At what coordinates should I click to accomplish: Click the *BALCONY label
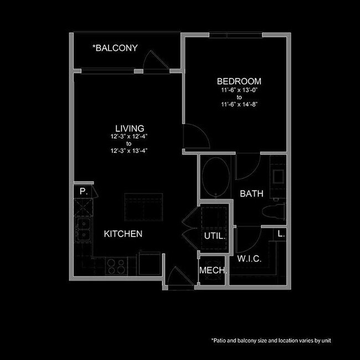(x=115, y=48)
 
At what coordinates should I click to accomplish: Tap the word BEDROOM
(x=239, y=81)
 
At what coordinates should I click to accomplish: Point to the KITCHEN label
(x=123, y=234)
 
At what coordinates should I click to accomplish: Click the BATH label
(x=251, y=194)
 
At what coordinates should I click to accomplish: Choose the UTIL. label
(x=214, y=235)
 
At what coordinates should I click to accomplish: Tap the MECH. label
(x=213, y=271)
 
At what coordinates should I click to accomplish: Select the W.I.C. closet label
(x=249, y=259)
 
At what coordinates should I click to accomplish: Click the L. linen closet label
(x=281, y=234)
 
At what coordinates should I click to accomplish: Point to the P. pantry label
(x=83, y=191)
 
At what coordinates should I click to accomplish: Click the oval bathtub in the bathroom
(x=213, y=177)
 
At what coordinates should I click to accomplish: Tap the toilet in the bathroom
(x=276, y=210)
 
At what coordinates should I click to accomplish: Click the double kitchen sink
(x=84, y=225)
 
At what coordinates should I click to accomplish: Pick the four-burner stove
(x=116, y=266)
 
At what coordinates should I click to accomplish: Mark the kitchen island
(x=143, y=207)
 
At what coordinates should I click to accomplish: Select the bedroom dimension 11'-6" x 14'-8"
(x=239, y=104)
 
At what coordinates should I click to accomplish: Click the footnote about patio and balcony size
(x=270, y=340)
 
